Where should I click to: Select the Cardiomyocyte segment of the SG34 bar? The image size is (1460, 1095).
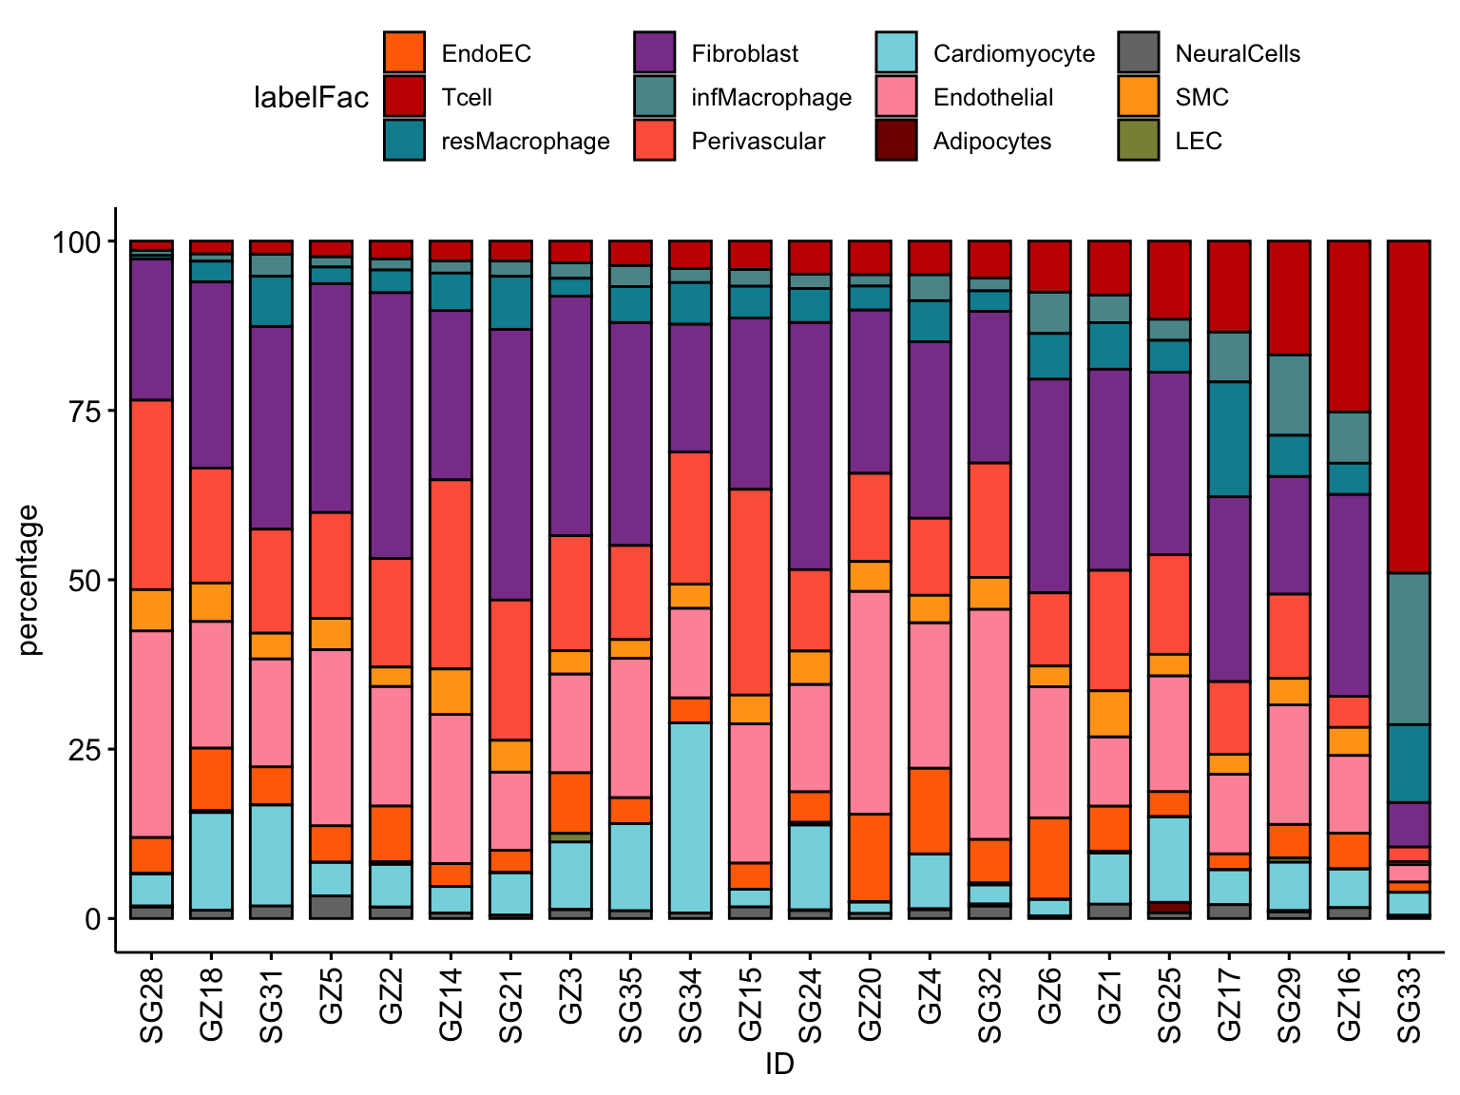pyautogui.click(x=690, y=817)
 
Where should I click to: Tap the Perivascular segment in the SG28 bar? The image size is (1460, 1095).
pyautogui.click(x=151, y=494)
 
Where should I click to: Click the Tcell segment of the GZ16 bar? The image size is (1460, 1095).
pyautogui.click(x=1348, y=326)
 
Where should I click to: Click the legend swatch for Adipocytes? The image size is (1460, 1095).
pyautogui.click(x=896, y=141)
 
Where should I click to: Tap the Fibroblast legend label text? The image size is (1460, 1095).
pyautogui.click(x=744, y=54)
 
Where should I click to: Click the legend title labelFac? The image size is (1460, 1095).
pyautogui.click(x=311, y=98)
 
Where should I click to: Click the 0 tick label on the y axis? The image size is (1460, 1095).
pyautogui.click(x=92, y=919)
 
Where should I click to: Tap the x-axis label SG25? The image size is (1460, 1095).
pyautogui.click(x=1169, y=1005)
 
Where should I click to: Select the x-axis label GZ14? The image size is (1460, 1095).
pyautogui.click(x=451, y=1005)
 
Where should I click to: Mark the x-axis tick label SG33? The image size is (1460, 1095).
pyautogui.click(x=1409, y=1005)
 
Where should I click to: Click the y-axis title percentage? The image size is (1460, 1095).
pyautogui.click(x=30, y=580)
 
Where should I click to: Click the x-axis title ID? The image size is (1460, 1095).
pyautogui.click(x=779, y=1065)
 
